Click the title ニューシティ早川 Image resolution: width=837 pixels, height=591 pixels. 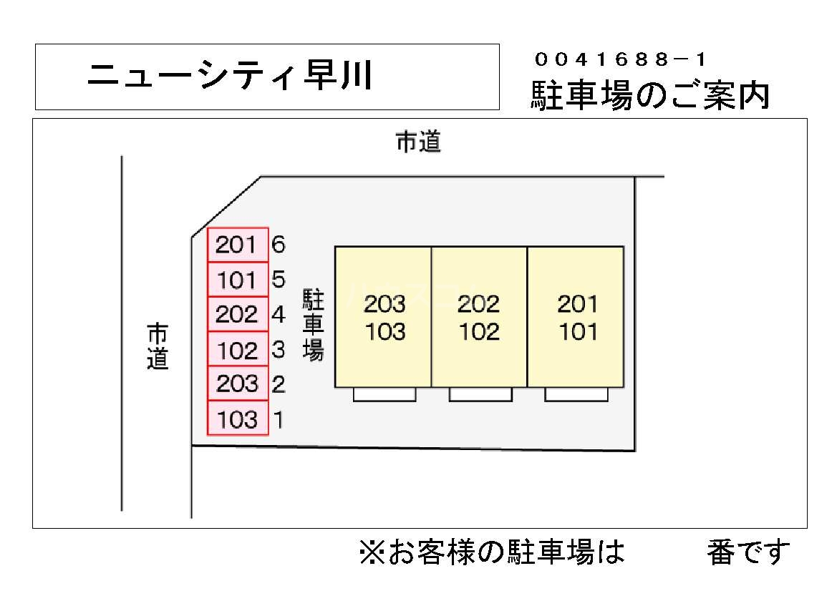coord(229,76)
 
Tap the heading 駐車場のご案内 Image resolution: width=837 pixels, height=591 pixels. coord(650,95)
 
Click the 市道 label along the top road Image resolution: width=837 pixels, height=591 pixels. coord(419,142)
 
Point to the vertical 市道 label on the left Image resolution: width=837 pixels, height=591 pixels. coord(158,347)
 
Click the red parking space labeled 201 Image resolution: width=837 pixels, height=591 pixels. coord(238,245)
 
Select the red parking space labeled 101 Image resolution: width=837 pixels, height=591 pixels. coord(238,280)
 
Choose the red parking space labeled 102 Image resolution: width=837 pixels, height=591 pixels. coord(238,350)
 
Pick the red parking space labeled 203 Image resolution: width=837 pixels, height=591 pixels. coord(238,384)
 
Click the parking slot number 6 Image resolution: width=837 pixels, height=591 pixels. coord(279,245)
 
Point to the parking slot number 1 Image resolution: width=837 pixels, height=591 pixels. coord(279,419)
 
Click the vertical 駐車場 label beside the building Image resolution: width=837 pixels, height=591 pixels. coord(314,325)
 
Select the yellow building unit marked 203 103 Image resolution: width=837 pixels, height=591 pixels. coord(384,317)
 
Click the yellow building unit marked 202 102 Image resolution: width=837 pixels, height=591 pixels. coord(479,317)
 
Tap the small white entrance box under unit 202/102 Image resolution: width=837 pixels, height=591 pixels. coord(480,394)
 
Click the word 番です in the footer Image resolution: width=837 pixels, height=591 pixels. coord(749,552)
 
